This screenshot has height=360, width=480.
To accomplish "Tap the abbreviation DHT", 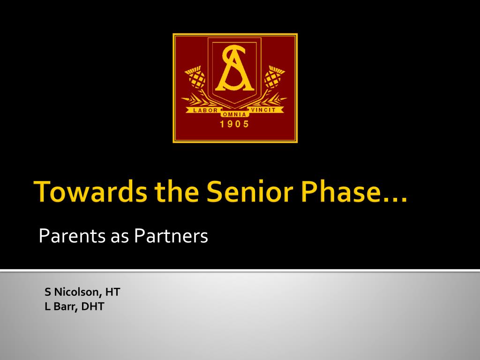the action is [x=93, y=307].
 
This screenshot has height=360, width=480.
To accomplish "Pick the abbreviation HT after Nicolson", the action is [x=112, y=292].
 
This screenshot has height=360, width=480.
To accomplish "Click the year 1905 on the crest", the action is [x=234, y=124].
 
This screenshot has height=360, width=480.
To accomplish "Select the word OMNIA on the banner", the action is [x=234, y=114].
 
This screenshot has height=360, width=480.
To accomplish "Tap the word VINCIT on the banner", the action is [x=263, y=110].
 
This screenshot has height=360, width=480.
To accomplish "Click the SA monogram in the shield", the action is [x=234, y=68].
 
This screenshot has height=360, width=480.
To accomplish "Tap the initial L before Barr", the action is [x=47, y=307].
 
